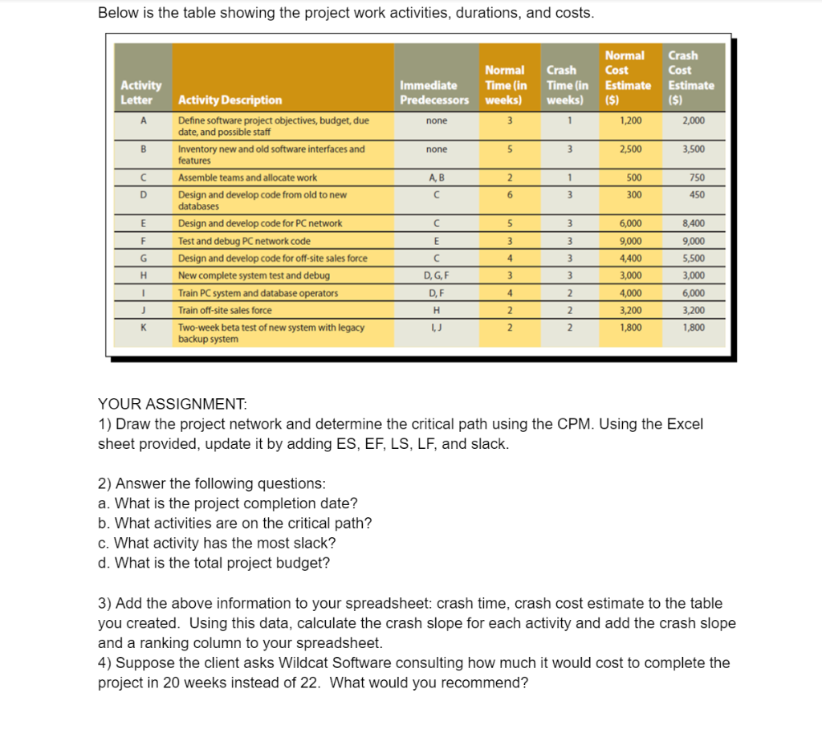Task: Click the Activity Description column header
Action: click(x=230, y=100)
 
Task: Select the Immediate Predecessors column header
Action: click(x=434, y=92)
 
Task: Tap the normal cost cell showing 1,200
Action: click(x=630, y=120)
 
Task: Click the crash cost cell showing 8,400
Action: click(x=693, y=223)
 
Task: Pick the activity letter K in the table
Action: click(x=141, y=328)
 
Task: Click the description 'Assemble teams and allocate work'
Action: click(x=247, y=177)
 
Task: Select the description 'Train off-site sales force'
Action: click(x=225, y=310)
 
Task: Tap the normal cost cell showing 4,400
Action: click(x=630, y=258)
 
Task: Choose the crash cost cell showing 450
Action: click(x=695, y=194)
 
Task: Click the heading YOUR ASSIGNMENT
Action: click(x=172, y=404)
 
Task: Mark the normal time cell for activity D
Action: click(x=509, y=194)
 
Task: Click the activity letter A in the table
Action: click(x=141, y=120)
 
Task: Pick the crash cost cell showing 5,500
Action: click(x=693, y=258)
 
